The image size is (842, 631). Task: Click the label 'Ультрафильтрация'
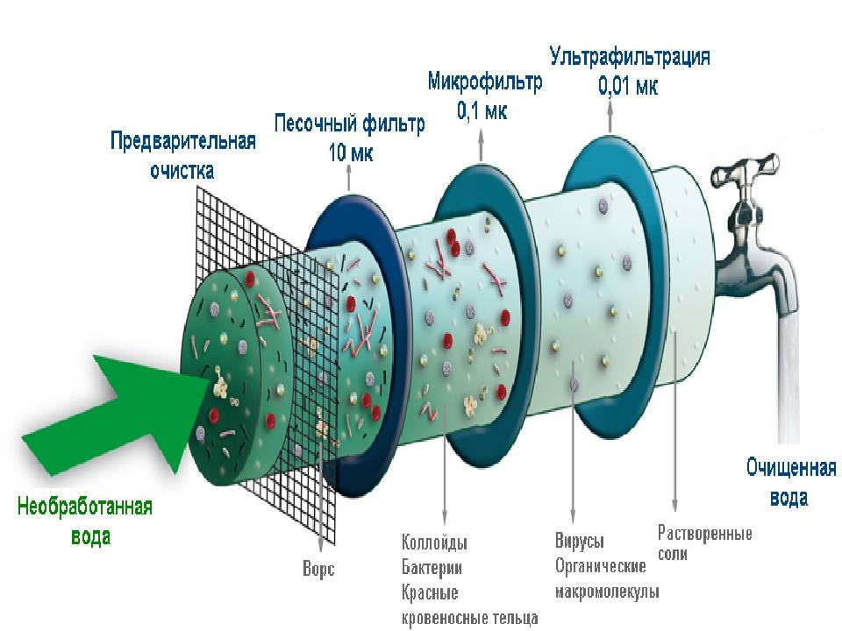630,58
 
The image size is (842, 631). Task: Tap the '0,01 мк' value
628,87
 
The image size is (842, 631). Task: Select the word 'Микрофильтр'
485,82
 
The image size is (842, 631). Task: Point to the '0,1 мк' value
482,111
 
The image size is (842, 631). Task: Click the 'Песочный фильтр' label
349,124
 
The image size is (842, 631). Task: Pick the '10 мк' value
350,152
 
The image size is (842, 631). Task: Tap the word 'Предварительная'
182,143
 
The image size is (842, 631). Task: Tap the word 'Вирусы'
579,541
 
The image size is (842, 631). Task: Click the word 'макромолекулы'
606,592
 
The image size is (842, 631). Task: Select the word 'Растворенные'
704,532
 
